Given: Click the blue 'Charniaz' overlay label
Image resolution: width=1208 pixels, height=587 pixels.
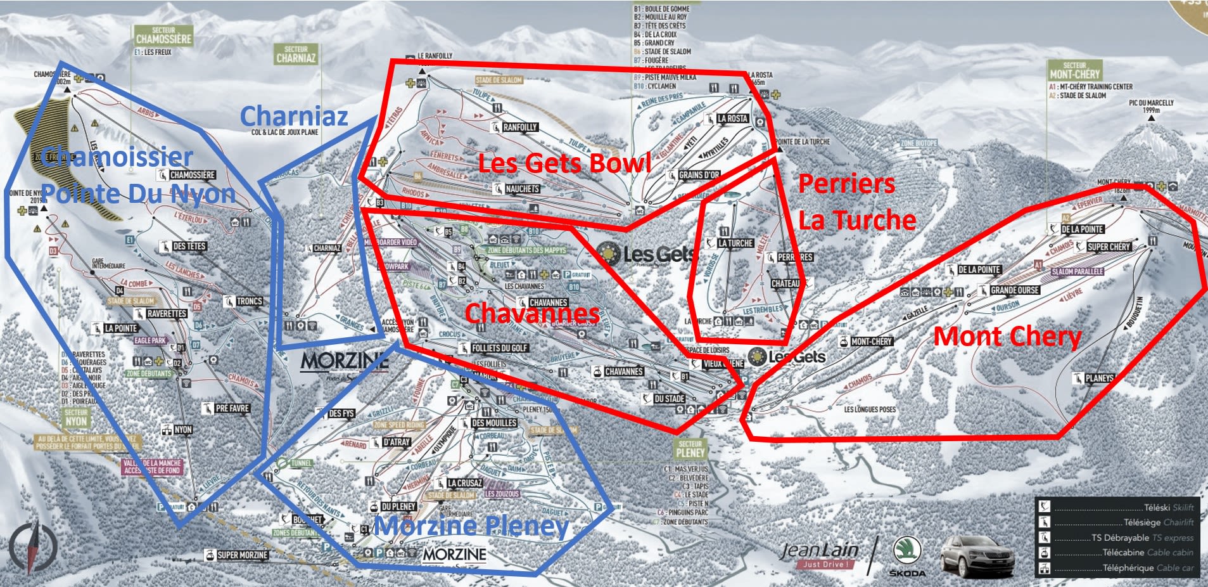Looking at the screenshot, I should coord(294,116).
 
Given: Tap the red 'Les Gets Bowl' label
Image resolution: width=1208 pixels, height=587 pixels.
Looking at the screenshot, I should coord(564,163).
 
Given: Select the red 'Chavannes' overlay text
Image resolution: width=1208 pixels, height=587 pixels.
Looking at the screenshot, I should coord(532,313).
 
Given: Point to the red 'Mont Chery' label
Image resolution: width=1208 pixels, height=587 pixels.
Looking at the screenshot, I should coord(1007,336).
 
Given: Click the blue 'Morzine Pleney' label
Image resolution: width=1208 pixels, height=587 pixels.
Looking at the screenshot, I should coord(471,526).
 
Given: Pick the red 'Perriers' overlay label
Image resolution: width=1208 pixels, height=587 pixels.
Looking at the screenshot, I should coord(846,183).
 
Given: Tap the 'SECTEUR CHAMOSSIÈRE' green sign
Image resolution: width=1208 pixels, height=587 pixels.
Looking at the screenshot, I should coord(163,35).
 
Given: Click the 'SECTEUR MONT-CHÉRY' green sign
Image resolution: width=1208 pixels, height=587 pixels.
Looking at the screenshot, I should coord(1074,70).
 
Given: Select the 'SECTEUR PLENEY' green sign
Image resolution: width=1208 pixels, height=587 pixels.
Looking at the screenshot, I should coord(690,449).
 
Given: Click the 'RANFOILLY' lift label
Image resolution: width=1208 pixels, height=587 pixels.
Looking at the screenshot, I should coord(519,127).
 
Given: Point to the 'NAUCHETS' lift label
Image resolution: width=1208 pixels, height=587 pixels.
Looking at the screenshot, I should coord(522,189).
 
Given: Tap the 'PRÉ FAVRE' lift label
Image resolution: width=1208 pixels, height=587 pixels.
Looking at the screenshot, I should coord(232,408).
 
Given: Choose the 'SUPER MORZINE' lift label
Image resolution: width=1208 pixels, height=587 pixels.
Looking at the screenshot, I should coord(242,555).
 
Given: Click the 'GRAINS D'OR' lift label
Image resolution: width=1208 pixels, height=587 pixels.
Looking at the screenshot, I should coord(699,175).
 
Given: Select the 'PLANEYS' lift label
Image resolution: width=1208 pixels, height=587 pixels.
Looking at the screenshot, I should coord(1099,378).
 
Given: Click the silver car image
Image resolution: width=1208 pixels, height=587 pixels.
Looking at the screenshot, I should coord(977,556).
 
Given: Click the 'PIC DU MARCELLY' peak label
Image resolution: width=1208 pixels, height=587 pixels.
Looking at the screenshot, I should coord(1151,106).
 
